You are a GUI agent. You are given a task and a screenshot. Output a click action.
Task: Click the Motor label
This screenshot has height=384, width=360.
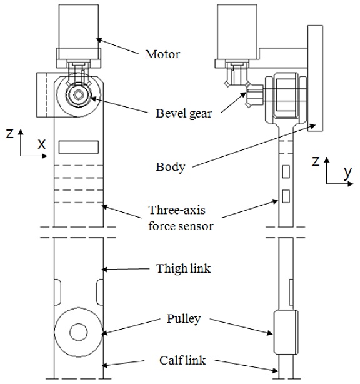coord(162,54)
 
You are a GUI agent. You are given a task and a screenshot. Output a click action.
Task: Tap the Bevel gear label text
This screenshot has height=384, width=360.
coord(184,114)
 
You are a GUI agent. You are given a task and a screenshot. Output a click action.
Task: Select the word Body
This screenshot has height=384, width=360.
coord(171,167)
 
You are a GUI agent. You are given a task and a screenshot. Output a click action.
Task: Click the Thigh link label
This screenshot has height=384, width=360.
coord(184,268)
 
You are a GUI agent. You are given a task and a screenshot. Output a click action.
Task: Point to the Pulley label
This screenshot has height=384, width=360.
coord(184,319)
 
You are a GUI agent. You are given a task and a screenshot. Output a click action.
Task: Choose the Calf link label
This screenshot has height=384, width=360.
coord(182,360)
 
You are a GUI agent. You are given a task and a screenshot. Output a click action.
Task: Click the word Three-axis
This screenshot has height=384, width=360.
coord(177,210)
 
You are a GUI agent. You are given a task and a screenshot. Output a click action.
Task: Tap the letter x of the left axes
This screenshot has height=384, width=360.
coord(42,144)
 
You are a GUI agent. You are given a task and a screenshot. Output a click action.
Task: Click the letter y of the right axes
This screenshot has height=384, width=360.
coord(347,173)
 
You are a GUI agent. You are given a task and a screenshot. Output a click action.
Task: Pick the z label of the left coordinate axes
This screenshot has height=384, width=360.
coord(9,134)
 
